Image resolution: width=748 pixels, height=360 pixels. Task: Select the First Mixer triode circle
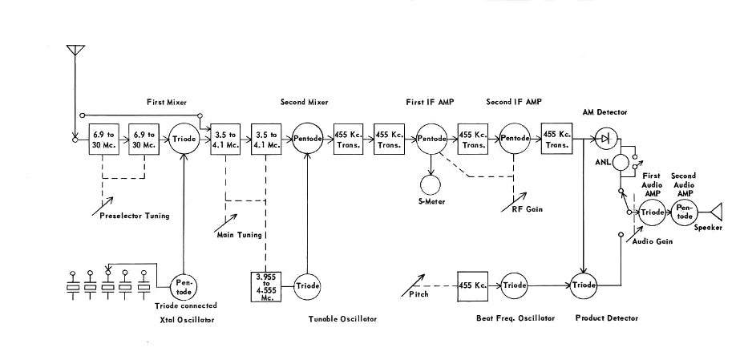[x=185, y=140]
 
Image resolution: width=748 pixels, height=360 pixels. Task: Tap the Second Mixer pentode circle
[x=306, y=140]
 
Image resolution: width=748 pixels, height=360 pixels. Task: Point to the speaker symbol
[x=716, y=212]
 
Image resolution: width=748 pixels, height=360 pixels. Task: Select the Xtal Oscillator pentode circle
[x=184, y=285]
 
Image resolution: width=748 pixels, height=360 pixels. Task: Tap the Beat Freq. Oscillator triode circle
[x=515, y=285]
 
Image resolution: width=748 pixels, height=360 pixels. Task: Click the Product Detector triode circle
[x=584, y=285]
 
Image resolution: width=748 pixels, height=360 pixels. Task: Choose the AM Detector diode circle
[x=604, y=140]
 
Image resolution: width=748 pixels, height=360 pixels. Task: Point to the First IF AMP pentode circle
[x=432, y=140]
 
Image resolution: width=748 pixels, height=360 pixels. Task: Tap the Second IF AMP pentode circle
[x=514, y=140]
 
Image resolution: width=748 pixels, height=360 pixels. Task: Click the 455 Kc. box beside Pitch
[x=472, y=285]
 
